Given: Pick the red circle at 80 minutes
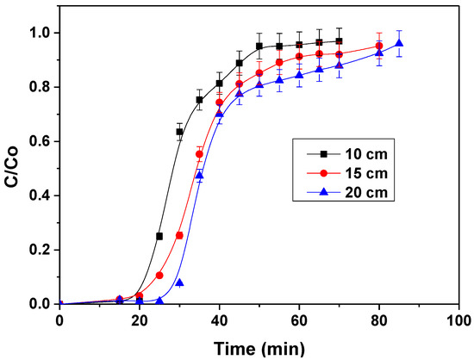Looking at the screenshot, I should point(379,46).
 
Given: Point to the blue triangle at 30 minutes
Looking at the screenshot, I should point(179,282).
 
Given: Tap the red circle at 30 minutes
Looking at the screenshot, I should point(179,235).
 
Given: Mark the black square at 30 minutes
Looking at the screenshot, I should point(179,132).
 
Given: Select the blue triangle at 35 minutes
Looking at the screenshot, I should point(199,176).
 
